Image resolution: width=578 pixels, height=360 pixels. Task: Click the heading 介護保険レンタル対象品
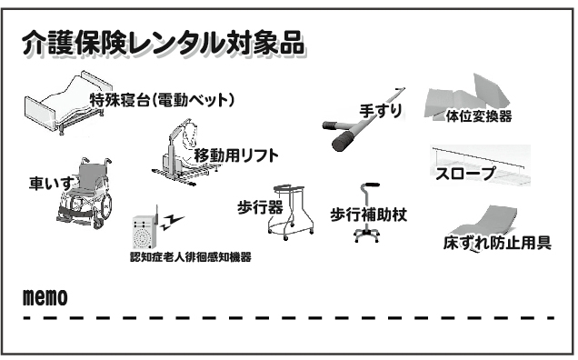163,44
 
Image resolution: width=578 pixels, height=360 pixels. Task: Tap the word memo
45,297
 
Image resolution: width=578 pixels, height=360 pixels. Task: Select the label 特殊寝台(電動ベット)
162,100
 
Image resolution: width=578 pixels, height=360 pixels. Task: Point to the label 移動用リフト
236,155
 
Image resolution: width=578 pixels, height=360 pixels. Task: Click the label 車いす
51,183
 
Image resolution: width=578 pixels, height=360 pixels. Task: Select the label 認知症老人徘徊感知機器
191,256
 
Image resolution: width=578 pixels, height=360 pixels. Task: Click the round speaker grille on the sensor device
143,236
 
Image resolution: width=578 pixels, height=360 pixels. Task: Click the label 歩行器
260,207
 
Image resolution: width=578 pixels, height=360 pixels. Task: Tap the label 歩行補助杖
369,215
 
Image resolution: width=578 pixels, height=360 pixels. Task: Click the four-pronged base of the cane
367,235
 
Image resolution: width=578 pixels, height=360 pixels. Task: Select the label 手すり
381,111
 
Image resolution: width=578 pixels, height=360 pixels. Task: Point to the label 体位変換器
478,116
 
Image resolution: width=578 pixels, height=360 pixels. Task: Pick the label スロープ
465,174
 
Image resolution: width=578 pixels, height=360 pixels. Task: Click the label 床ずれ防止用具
497,243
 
